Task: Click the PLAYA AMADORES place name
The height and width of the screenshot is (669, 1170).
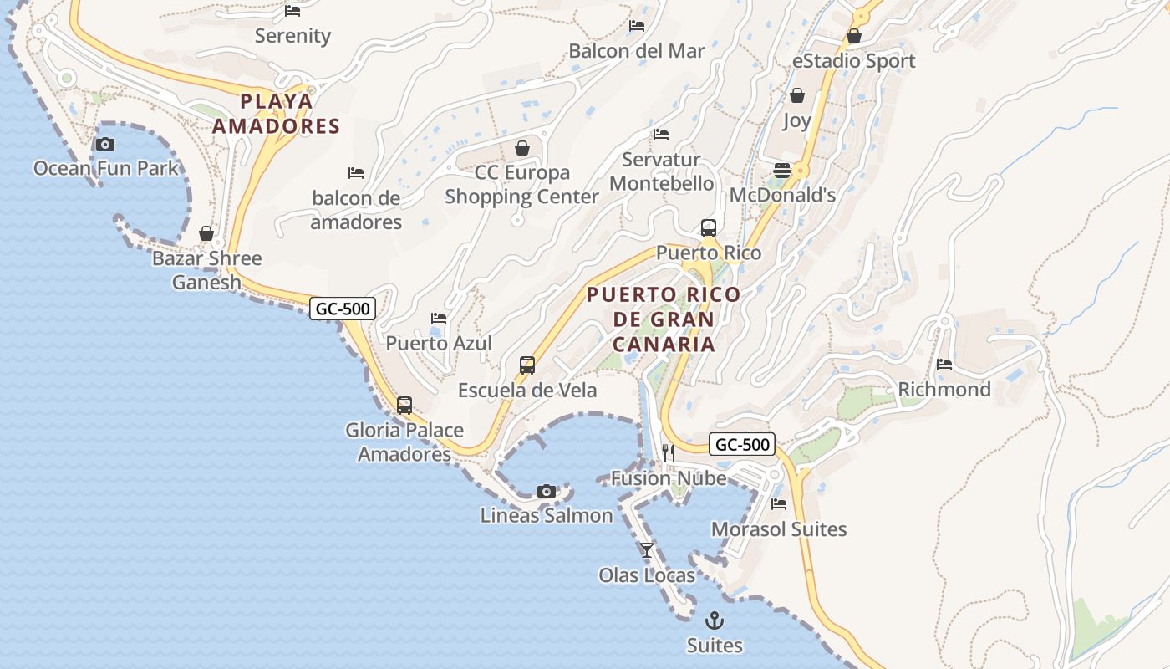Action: [276, 114]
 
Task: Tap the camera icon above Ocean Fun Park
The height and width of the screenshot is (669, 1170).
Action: [105, 144]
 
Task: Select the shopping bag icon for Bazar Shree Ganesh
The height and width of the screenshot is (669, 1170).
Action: [206, 233]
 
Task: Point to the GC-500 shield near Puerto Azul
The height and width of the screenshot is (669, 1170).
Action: [342, 309]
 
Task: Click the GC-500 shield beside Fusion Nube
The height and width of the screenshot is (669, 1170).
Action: [742, 444]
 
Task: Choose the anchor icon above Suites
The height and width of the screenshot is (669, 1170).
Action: [715, 620]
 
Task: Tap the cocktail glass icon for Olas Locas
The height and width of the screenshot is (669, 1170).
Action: [647, 549]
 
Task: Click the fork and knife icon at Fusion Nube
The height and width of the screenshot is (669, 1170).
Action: [669, 453]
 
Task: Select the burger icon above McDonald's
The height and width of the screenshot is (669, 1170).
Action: [782, 171]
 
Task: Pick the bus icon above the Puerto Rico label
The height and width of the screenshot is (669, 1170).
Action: [709, 227]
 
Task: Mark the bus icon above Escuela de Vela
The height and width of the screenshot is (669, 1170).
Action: [527, 365]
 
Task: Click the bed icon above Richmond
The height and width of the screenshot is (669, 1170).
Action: [944, 365]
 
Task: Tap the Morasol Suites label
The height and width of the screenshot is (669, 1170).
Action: [779, 529]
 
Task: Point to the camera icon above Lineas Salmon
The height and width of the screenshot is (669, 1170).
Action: [547, 491]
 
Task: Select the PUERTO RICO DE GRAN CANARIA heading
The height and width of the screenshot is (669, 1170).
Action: [664, 319]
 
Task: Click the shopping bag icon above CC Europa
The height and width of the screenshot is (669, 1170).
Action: [522, 148]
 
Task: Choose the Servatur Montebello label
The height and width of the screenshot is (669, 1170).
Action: [662, 171]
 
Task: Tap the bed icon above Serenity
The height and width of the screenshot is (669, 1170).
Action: [292, 11]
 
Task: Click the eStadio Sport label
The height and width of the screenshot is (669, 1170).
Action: [854, 61]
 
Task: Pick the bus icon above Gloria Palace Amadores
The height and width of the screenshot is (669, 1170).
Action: [404, 406]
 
